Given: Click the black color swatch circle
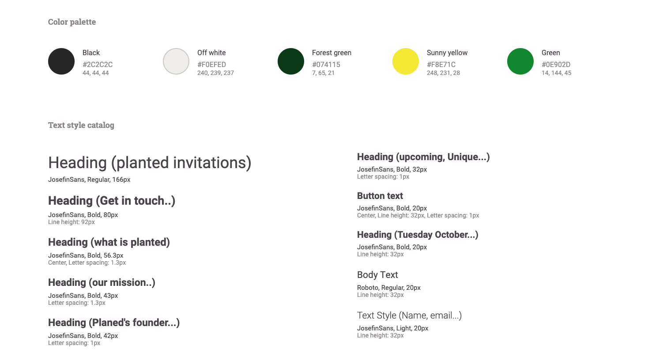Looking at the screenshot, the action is [x=61, y=61].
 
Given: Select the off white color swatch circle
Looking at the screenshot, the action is [x=176, y=61].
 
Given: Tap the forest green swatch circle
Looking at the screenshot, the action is [x=291, y=61].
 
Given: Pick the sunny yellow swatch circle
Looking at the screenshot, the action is [x=406, y=61].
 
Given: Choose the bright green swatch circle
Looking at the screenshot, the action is [x=520, y=61].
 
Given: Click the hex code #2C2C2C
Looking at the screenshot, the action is [x=98, y=64].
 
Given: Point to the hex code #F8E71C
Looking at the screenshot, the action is [x=441, y=64].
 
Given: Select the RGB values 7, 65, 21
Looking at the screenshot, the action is [x=323, y=73].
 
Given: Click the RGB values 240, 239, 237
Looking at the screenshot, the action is [x=215, y=73].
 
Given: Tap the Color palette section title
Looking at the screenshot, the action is [x=72, y=22].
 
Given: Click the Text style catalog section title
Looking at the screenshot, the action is [x=81, y=125].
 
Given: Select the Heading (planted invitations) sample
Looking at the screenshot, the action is [x=150, y=163].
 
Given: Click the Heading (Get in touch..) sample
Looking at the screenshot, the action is [x=112, y=201].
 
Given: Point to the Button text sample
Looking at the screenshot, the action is [x=380, y=196].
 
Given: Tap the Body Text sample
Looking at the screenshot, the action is [x=377, y=275].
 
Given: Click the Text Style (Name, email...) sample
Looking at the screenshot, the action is [x=409, y=315].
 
